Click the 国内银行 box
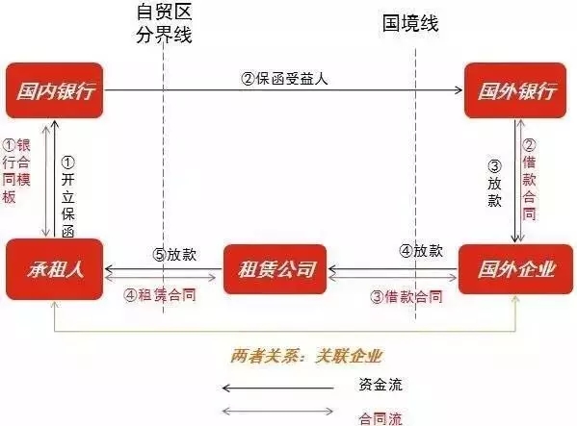coord(55,90)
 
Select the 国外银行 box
coord(515,90)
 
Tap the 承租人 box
coord(55,269)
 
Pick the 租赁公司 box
coord(275,269)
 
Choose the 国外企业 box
coord(515,269)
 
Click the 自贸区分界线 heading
coord(164,23)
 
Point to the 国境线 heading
coord(410,23)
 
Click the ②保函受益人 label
coord(284,79)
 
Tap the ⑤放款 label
coord(174,255)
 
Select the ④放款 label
coord(421,251)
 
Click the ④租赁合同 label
coord(159,295)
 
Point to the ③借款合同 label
coord(407,297)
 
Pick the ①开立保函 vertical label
coord(68,197)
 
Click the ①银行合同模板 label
coord(16,171)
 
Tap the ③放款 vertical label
coord(494,184)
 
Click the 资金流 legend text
coord(380,385)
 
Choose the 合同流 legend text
coord(380,418)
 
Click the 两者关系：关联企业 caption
coord(306,356)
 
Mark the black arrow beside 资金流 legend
coord(278,388)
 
